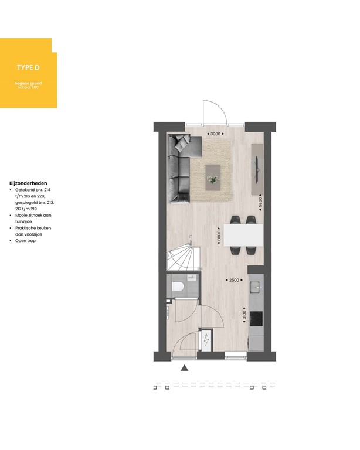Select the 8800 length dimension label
pyautogui.click(x=218, y=237)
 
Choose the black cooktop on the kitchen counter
pyautogui.click(x=256, y=319)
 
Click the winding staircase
pyautogui.click(x=183, y=257)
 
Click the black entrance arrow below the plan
pyautogui.click(x=184, y=368)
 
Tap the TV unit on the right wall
pyautogui.click(x=257, y=168)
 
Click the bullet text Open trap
pyautogui.click(x=27, y=241)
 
